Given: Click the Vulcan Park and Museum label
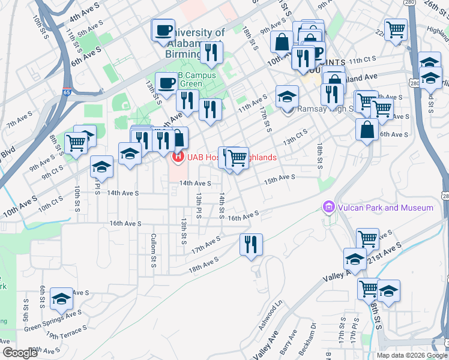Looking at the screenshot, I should coord(385,208).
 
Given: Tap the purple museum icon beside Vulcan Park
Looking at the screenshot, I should coord(328,208).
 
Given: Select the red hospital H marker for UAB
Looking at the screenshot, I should coord(178,158).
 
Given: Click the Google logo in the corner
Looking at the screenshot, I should coord(20,353).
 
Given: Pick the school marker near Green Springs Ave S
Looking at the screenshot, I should coord(61,298).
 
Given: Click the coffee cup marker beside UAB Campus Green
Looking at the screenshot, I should coord(166,83).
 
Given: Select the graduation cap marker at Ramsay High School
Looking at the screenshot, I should coord(288,95).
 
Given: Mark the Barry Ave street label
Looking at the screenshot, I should coord(289,343).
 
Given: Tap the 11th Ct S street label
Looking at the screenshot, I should coord(362,60).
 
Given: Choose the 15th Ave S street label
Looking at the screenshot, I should coord(280,178).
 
